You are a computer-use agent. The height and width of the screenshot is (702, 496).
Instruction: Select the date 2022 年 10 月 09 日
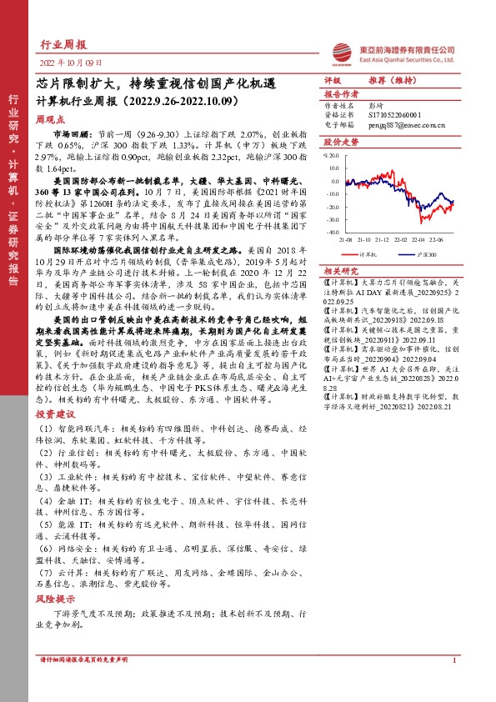[x=71, y=63]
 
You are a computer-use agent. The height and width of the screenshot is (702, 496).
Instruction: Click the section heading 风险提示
[x=55, y=598]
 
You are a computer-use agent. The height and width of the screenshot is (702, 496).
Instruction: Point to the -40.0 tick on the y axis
[x=333, y=233]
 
